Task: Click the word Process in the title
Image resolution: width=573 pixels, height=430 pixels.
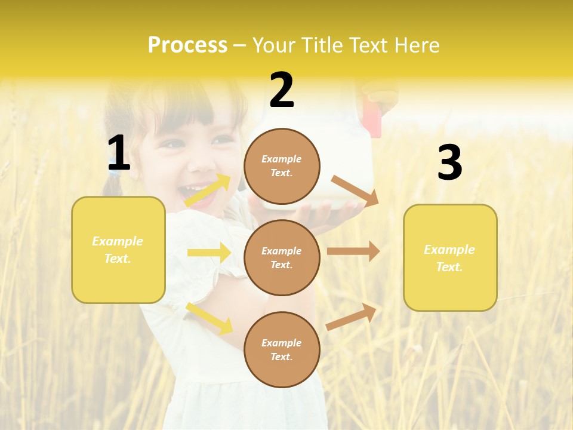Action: point(187,45)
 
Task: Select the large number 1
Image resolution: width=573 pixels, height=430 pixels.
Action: point(119,153)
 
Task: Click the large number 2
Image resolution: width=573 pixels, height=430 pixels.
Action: point(282,90)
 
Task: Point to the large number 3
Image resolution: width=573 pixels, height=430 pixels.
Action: point(449,162)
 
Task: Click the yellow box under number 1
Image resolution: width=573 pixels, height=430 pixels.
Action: point(118,250)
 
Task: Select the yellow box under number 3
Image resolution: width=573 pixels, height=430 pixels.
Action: point(450,257)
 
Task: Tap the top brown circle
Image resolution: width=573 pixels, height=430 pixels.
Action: point(282,166)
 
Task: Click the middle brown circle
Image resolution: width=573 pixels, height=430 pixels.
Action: point(282,257)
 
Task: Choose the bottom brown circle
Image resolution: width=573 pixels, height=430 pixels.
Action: point(282,349)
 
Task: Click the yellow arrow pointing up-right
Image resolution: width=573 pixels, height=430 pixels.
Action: point(208,191)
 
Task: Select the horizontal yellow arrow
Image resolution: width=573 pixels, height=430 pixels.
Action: point(209,253)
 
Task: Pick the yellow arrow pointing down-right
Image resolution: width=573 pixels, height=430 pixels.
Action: point(209,318)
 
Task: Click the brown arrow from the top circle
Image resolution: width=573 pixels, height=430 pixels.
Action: point(355,191)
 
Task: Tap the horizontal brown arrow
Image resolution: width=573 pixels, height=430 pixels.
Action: point(353,251)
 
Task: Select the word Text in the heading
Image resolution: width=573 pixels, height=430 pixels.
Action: point(369,45)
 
